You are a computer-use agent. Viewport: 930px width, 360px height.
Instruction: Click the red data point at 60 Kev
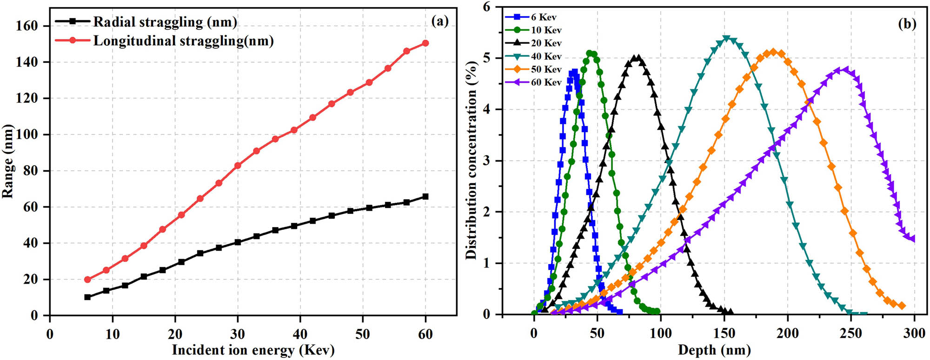coord(425,43)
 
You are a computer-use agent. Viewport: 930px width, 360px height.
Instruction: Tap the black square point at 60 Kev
coord(425,197)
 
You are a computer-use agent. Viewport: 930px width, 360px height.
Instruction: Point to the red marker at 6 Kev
coord(87,280)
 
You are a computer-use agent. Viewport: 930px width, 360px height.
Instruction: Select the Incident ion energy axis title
coord(253,350)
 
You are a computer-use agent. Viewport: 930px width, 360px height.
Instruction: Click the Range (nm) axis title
coord(8,161)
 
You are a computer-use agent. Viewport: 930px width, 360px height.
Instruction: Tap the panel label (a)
coord(439,21)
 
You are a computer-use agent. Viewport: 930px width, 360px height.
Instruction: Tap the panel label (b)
coord(907,24)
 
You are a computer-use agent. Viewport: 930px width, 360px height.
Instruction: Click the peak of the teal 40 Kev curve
coord(726,39)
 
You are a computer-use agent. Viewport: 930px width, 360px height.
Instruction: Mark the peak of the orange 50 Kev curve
coord(773,52)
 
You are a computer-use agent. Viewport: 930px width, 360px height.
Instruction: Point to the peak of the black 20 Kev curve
coord(638,58)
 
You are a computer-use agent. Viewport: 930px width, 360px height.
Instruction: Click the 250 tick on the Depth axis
coord(851,333)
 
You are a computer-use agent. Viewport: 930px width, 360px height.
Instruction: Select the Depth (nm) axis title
coord(714,350)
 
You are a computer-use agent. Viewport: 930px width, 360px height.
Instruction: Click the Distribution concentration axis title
coord(472,160)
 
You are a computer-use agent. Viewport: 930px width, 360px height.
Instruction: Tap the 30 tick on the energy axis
coord(238,334)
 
